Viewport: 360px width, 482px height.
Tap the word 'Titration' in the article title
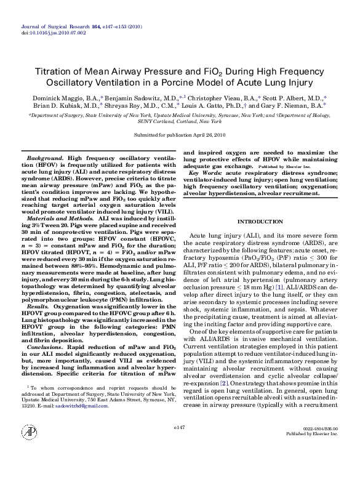[x=67, y=71]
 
